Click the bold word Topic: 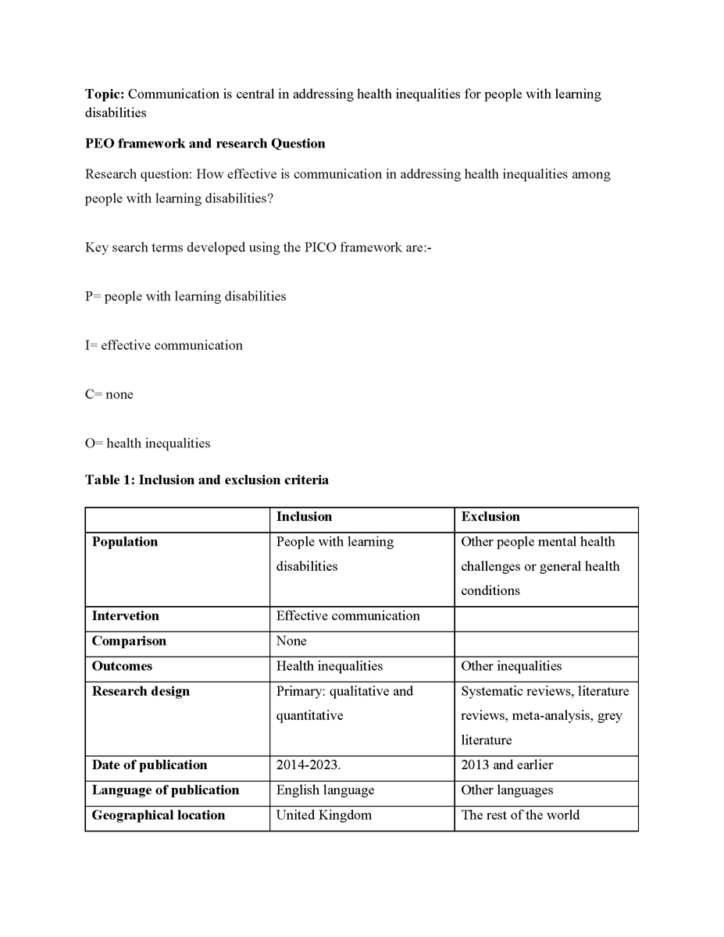(x=105, y=94)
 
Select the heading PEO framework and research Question (x=205, y=144)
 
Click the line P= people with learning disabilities (x=185, y=297)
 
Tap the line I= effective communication (x=163, y=345)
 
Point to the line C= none (x=109, y=394)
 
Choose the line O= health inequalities (x=148, y=444)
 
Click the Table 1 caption (x=206, y=480)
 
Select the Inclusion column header (x=304, y=517)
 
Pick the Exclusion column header (x=490, y=517)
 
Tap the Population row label (x=125, y=542)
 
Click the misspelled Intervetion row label (x=125, y=616)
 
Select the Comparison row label (x=129, y=641)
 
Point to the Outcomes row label (x=122, y=666)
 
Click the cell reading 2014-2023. (x=308, y=765)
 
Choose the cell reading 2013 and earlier (x=507, y=765)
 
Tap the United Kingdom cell (x=323, y=815)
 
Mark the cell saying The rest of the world (x=520, y=815)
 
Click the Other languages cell (x=507, y=790)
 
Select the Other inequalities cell (x=511, y=666)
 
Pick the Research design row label (x=141, y=691)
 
